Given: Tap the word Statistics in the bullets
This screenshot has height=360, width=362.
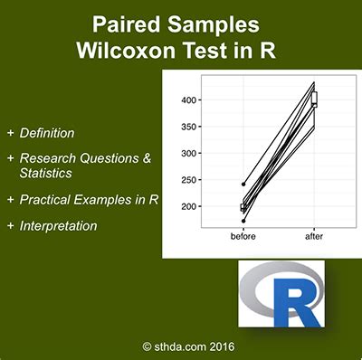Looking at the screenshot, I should (x=47, y=175).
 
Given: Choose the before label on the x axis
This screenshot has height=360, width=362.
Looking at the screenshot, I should (x=243, y=237).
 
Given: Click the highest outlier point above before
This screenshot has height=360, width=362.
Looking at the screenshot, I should (x=243, y=184).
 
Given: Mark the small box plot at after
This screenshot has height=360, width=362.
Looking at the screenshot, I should (x=315, y=99).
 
